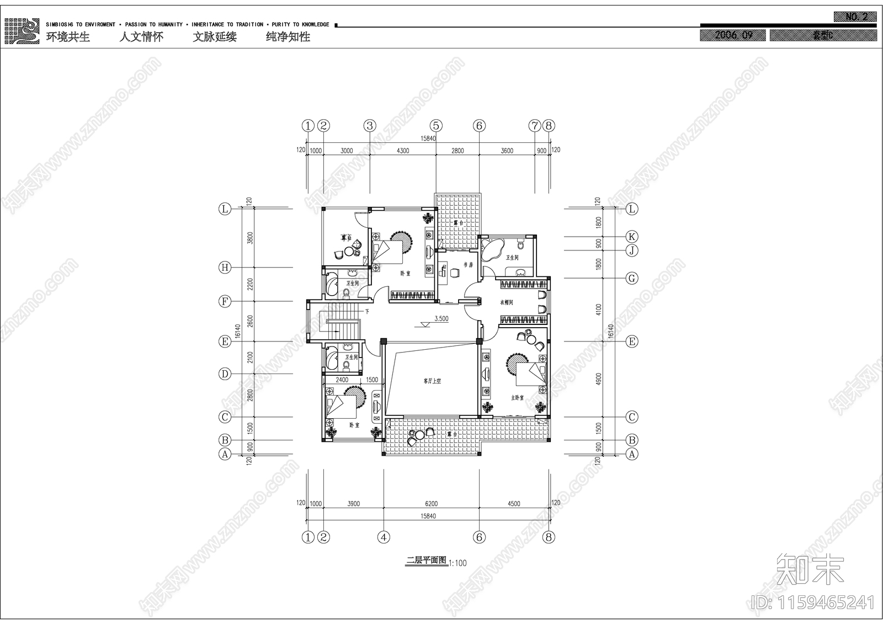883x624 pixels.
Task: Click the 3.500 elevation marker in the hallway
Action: point(441,319)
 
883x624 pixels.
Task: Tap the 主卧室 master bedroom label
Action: point(517,397)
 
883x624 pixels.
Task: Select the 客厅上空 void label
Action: point(432,381)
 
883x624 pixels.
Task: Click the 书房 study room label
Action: point(469,265)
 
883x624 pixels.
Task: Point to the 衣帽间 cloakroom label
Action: point(507,302)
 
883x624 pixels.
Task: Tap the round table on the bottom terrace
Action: point(420,435)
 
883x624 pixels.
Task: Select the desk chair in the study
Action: point(455,272)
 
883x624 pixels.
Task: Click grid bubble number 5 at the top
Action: point(437,126)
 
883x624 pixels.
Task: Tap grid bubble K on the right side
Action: point(632,237)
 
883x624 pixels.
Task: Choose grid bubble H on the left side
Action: point(225,268)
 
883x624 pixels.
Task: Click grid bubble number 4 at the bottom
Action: point(384,537)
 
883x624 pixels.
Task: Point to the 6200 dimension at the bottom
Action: point(431,504)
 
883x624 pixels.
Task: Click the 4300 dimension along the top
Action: point(403,151)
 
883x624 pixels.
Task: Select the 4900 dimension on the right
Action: point(599,378)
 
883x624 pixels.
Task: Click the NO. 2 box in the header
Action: point(856,17)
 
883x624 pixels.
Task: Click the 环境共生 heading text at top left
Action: point(68,37)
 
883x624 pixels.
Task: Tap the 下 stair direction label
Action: point(366,312)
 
